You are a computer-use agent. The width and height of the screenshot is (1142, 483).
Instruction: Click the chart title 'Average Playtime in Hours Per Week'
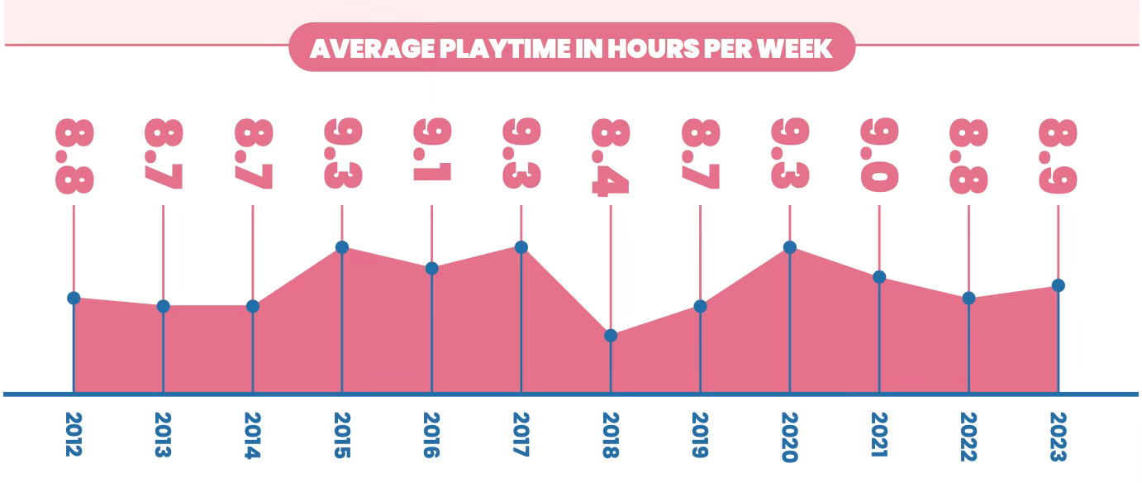click(x=571, y=48)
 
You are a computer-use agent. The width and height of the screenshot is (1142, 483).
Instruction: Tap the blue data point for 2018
click(x=611, y=336)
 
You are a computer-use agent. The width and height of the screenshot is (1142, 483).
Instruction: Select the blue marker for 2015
click(x=342, y=247)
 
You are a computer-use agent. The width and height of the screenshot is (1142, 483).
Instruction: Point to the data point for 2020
click(x=790, y=247)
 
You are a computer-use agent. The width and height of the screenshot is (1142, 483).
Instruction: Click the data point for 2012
click(x=74, y=298)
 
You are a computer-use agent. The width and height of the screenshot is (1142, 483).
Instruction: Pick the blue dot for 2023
click(x=1059, y=285)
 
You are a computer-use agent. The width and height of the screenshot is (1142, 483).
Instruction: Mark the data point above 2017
click(x=521, y=247)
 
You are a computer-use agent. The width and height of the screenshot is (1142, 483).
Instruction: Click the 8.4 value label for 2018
click(x=611, y=157)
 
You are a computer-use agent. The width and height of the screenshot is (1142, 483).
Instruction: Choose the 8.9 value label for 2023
click(x=1059, y=157)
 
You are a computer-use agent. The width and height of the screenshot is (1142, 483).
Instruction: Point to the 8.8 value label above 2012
click(x=74, y=157)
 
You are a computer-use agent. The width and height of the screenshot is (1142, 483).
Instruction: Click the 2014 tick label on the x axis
click(x=253, y=435)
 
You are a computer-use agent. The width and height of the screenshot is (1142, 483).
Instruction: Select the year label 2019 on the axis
click(x=700, y=435)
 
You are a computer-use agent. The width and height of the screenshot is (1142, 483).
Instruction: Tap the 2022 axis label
click(x=968, y=435)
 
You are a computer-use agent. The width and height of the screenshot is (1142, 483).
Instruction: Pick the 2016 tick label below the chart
click(x=431, y=435)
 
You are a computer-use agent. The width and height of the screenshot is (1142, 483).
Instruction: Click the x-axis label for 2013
click(x=163, y=435)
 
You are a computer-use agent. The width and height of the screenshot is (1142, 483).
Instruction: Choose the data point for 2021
click(x=879, y=277)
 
